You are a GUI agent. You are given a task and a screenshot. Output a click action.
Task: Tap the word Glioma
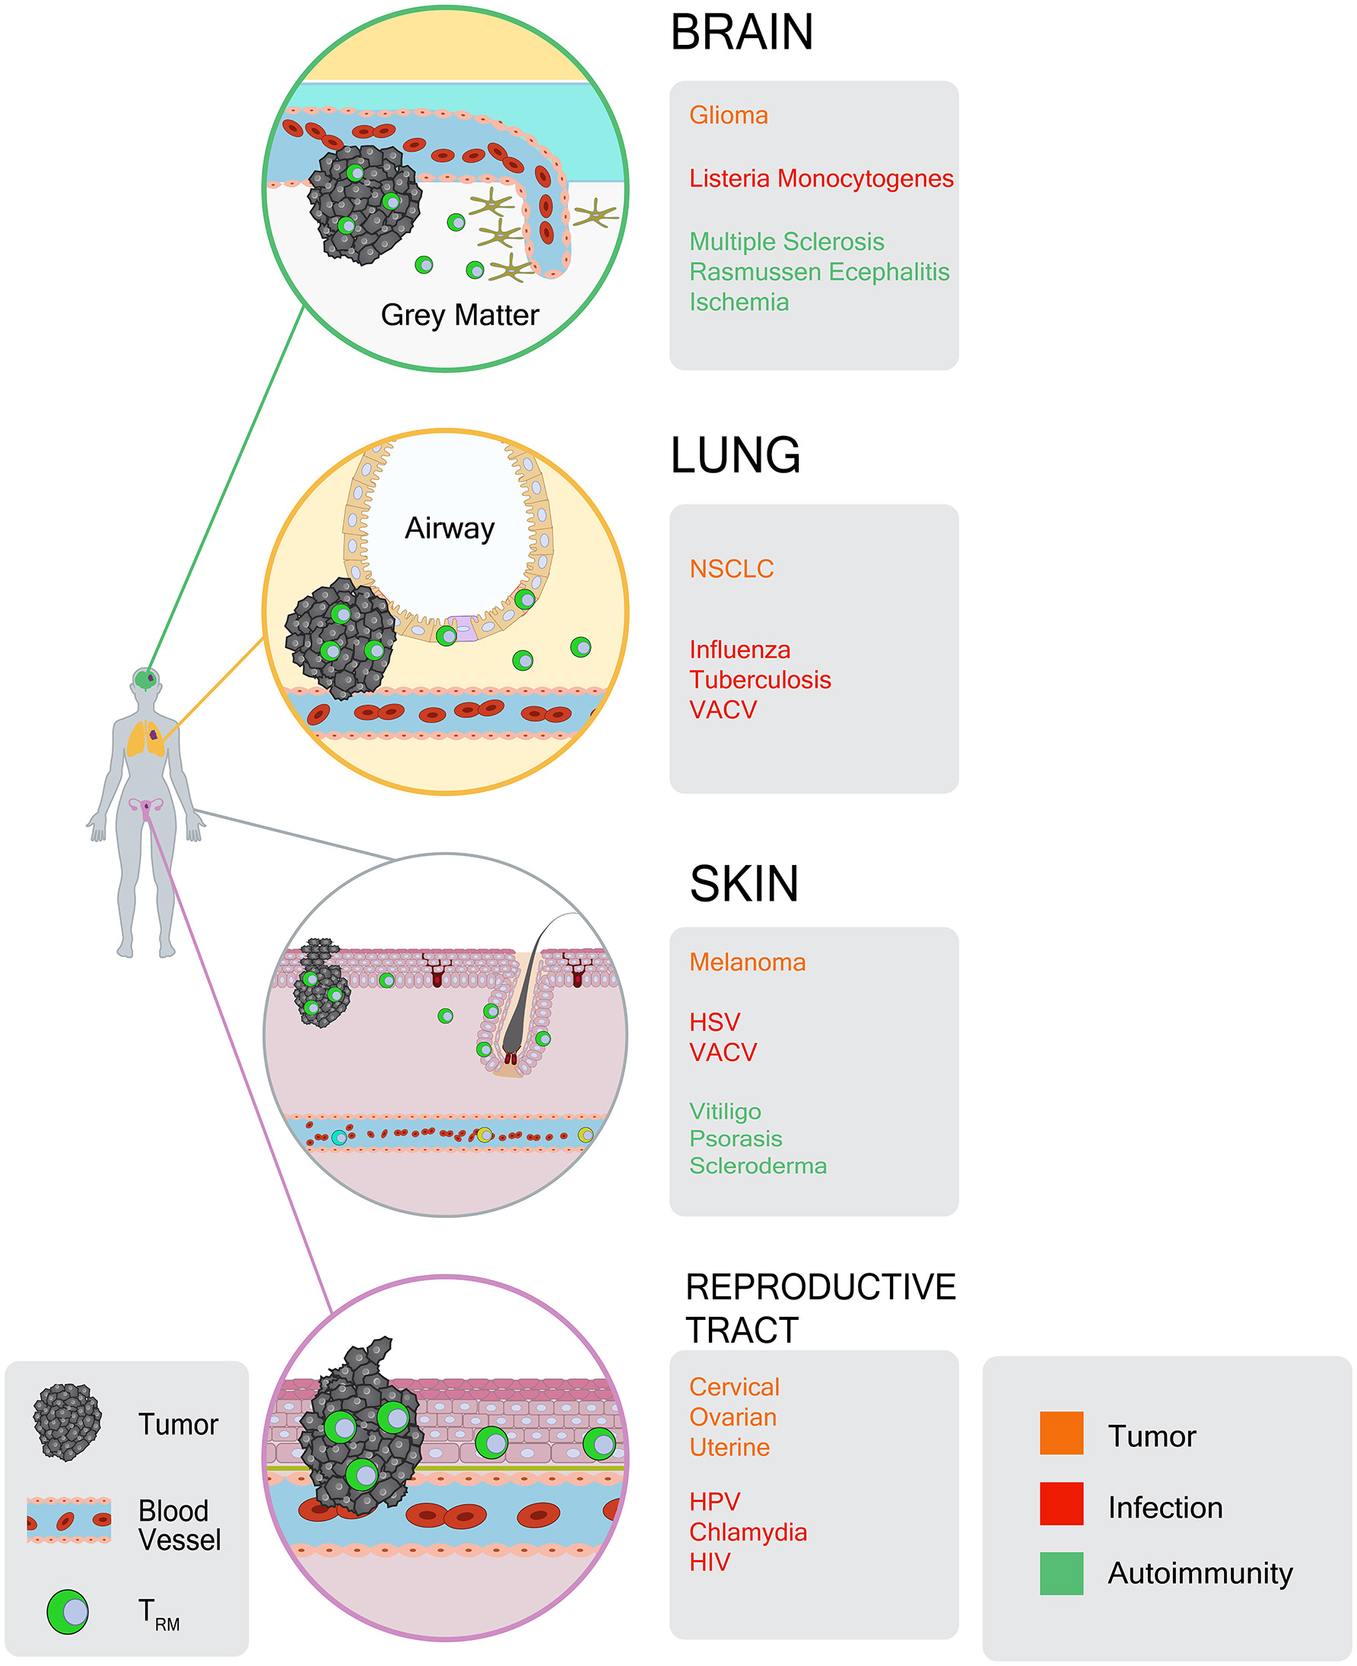point(728,116)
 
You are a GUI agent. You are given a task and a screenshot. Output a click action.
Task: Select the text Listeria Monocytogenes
point(821,179)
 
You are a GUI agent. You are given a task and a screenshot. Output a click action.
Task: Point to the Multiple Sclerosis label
point(787,243)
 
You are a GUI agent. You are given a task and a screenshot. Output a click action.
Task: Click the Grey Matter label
point(459,315)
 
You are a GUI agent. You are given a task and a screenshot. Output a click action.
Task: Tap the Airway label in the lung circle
point(450,529)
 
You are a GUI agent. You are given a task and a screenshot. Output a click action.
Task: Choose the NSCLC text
point(731,569)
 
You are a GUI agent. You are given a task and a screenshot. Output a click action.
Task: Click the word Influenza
point(739,650)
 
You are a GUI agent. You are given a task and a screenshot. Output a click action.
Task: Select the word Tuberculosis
point(760,680)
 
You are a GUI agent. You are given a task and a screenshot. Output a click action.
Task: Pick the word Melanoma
point(747,962)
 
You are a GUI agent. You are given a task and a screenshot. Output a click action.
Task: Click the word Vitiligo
point(725,1111)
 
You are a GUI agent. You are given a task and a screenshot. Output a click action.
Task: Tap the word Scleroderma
point(758,1165)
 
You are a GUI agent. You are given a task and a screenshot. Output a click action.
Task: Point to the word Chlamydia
point(748,1532)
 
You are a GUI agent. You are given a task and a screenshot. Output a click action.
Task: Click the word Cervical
point(734,1387)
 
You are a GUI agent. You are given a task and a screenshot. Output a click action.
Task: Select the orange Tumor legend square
point(1061,1433)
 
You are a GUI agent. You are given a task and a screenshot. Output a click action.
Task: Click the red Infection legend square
point(1061,1503)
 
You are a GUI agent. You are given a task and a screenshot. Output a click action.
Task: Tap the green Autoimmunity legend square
point(1061,1573)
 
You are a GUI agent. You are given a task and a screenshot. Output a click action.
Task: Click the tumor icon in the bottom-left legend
point(67,1422)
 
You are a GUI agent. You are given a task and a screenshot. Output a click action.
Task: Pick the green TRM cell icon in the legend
point(68,1611)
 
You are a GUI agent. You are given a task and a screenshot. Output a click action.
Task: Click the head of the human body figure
point(146,679)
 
